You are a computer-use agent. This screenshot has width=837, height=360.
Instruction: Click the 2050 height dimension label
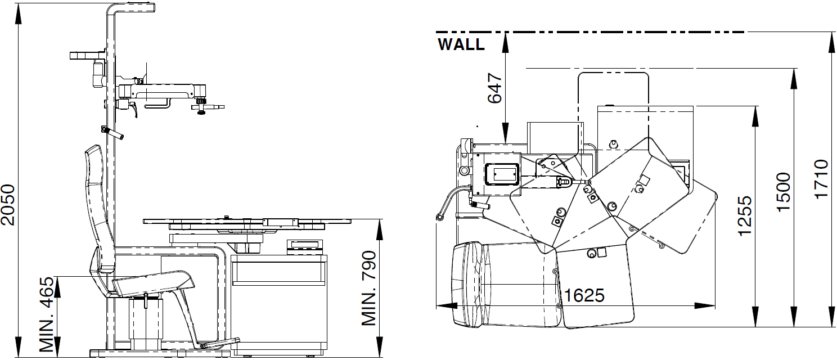8,205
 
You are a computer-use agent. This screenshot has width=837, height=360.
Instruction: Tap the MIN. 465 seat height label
47,314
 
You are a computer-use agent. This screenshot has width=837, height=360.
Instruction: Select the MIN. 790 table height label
368,288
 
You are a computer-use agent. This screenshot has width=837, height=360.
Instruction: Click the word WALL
461,44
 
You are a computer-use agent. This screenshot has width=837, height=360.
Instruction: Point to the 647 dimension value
495,88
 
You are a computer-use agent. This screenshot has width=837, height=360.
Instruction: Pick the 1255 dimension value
745,215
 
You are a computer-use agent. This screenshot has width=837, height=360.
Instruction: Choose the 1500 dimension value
784,192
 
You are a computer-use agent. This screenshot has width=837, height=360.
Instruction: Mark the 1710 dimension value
822,179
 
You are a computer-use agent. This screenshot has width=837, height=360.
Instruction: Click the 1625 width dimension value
584,296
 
